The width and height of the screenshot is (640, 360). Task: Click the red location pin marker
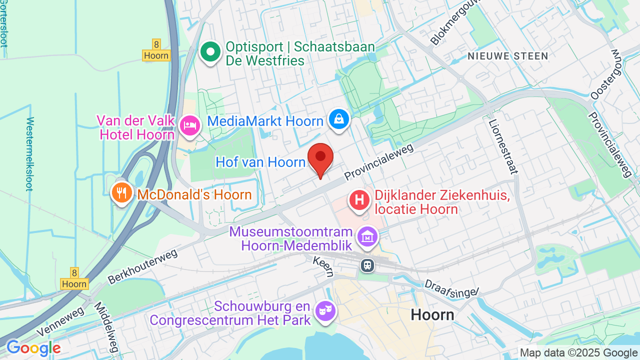click(x=320, y=157)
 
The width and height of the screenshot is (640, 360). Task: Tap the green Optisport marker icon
click(x=210, y=52)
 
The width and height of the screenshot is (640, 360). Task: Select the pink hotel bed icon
click(x=190, y=124)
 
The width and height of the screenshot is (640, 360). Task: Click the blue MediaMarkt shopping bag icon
click(x=339, y=119)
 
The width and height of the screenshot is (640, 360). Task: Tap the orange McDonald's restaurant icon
click(x=121, y=192)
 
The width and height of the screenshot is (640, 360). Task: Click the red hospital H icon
click(x=359, y=200)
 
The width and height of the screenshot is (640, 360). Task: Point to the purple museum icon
click(x=367, y=237)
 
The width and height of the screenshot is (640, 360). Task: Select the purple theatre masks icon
click(x=325, y=311)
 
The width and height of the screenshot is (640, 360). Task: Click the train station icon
click(x=367, y=265)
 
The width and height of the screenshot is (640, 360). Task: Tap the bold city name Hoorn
click(x=432, y=315)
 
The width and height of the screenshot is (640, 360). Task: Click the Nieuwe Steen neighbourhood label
click(x=508, y=56)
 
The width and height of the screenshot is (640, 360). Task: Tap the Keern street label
click(x=323, y=264)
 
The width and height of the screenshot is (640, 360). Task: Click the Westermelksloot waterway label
click(x=30, y=154)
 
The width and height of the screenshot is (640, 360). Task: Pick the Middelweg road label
click(x=105, y=327)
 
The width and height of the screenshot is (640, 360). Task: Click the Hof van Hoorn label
click(x=260, y=162)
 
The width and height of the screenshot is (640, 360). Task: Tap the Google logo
click(x=33, y=348)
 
